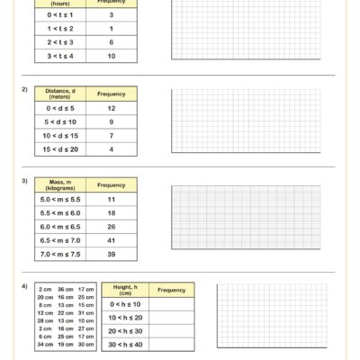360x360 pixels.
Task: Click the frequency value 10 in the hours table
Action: pos(112,56)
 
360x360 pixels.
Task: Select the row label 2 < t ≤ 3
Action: pos(59,42)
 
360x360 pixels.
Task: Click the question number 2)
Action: pos(24,89)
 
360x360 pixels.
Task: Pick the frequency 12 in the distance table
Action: pos(112,108)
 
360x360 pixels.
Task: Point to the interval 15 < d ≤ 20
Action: pos(59,148)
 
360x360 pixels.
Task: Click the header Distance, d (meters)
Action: pos(59,94)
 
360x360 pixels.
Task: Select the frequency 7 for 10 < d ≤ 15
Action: pos(112,135)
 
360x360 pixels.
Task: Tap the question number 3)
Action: pos(24,181)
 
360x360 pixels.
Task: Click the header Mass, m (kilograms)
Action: pos(59,184)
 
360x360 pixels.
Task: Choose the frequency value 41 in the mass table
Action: pos(112,240)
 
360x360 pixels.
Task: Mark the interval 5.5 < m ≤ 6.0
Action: pos(59,213)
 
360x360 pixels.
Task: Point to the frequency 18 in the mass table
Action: pos(112,213)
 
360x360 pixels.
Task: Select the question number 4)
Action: pos(24,286)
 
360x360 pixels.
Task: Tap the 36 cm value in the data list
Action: pos(66,289)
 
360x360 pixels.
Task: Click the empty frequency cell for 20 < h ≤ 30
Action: pos(171,331)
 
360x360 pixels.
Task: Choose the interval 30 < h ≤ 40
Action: pos(124,346)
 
